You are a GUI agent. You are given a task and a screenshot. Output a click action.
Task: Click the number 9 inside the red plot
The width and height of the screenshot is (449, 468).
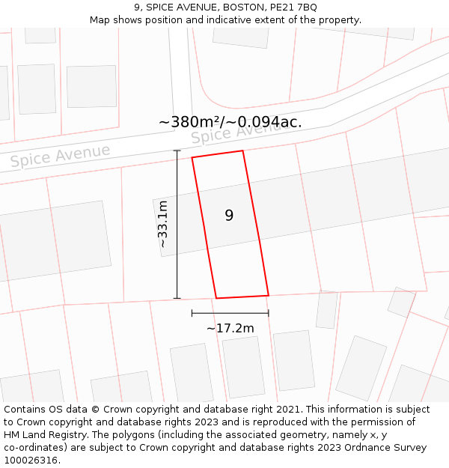(x=229, y=216)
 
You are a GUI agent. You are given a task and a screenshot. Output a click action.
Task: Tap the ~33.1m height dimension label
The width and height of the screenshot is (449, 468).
(x=162, y=224)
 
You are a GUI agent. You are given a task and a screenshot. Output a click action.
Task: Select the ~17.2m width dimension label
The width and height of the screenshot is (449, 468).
(x=230, y=328)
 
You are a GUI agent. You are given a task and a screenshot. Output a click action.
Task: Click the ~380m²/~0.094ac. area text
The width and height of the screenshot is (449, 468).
(x=230, y=122)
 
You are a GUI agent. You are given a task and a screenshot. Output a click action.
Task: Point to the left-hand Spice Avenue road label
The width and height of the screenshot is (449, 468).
(x=60, y=156)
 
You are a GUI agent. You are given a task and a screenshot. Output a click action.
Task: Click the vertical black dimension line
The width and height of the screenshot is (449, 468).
(x=177, y=225)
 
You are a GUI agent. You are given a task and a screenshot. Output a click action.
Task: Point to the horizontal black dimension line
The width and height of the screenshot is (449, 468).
(x=230, y=313)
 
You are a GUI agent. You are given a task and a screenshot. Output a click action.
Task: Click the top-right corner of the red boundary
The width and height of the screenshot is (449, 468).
(x=242, y=151)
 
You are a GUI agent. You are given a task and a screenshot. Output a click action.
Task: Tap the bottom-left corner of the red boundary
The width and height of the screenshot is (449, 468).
(x=217, y=298)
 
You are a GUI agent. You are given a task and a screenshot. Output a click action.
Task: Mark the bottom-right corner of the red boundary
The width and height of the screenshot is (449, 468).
(x=268, y=295)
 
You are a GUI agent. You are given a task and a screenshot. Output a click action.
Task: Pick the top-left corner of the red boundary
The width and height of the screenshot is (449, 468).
(x=192, y=158)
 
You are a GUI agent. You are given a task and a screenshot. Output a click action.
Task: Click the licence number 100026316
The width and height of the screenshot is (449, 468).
(x=31, y=461)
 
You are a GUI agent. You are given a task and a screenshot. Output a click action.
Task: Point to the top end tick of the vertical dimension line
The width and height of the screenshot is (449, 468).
(x=177, y=151)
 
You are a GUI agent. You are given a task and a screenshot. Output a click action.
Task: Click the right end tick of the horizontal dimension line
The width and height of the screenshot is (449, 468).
(x=268, y=313)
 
